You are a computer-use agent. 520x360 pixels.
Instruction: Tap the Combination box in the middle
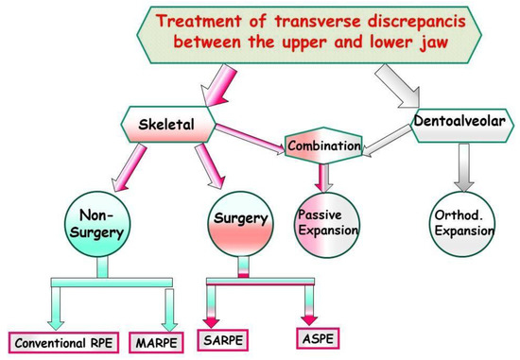click(323, 146)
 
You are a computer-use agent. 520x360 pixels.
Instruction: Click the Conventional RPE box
click(62, 341)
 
